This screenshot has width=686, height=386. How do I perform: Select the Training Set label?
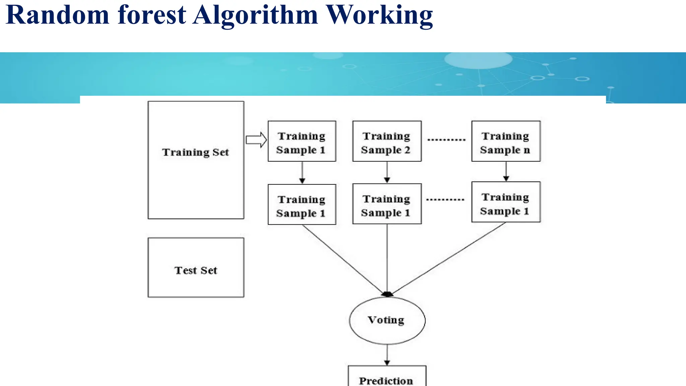pyautogui.click(x=195, y=152)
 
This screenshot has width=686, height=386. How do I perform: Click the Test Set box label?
pyautogui.click(x=196, y=270)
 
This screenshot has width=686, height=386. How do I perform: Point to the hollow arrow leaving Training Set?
pyautogui.click(x=256, y=140)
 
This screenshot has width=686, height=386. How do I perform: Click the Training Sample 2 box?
pyautogui.click(x=387, y=141)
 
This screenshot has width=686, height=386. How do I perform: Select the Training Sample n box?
pyautogui.click(x=506, y=141)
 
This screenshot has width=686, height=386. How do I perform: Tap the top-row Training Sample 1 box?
pyautogui.click(x=302, y=141)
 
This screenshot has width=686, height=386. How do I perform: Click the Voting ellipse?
pyautogui.click(x=387, y=320)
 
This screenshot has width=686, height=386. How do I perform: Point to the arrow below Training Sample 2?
pyautogui.click(x=387, y=172)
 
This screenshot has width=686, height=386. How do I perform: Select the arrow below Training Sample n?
pyautogui.click(x=506, y=171)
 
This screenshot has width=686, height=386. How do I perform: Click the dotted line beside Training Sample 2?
pyautogui.click(x=446, y=140)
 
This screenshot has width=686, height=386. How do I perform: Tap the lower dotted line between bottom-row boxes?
pyautogui.click(x=445, y=200)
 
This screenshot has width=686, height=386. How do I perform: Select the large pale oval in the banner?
pyautogui.click(x=478, y=60)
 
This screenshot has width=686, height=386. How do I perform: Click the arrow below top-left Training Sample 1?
pyautogui.click(x=302, y=173)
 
